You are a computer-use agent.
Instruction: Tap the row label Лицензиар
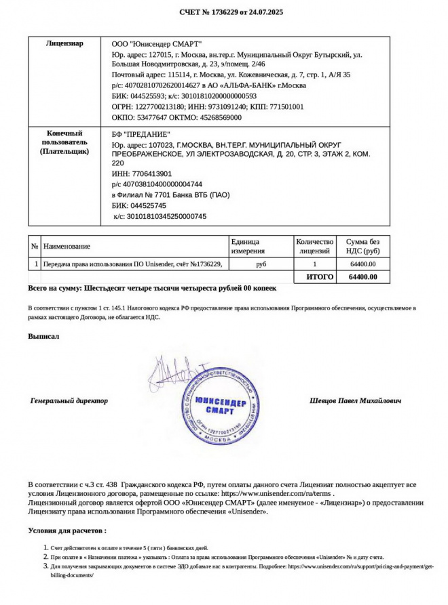point(64,43)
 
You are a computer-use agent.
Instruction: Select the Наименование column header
point(67,247)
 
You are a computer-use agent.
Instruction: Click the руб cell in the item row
point(261,264)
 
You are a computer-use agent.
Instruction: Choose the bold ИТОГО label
point(320,277)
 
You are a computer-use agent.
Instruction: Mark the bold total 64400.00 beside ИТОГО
point(362,277)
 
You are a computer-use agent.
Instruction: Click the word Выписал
point(43,336)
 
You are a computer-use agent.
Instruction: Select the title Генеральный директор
point(69,400)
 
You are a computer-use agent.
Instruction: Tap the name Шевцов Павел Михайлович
point(355,400)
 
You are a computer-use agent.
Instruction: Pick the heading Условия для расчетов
point(67,530)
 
